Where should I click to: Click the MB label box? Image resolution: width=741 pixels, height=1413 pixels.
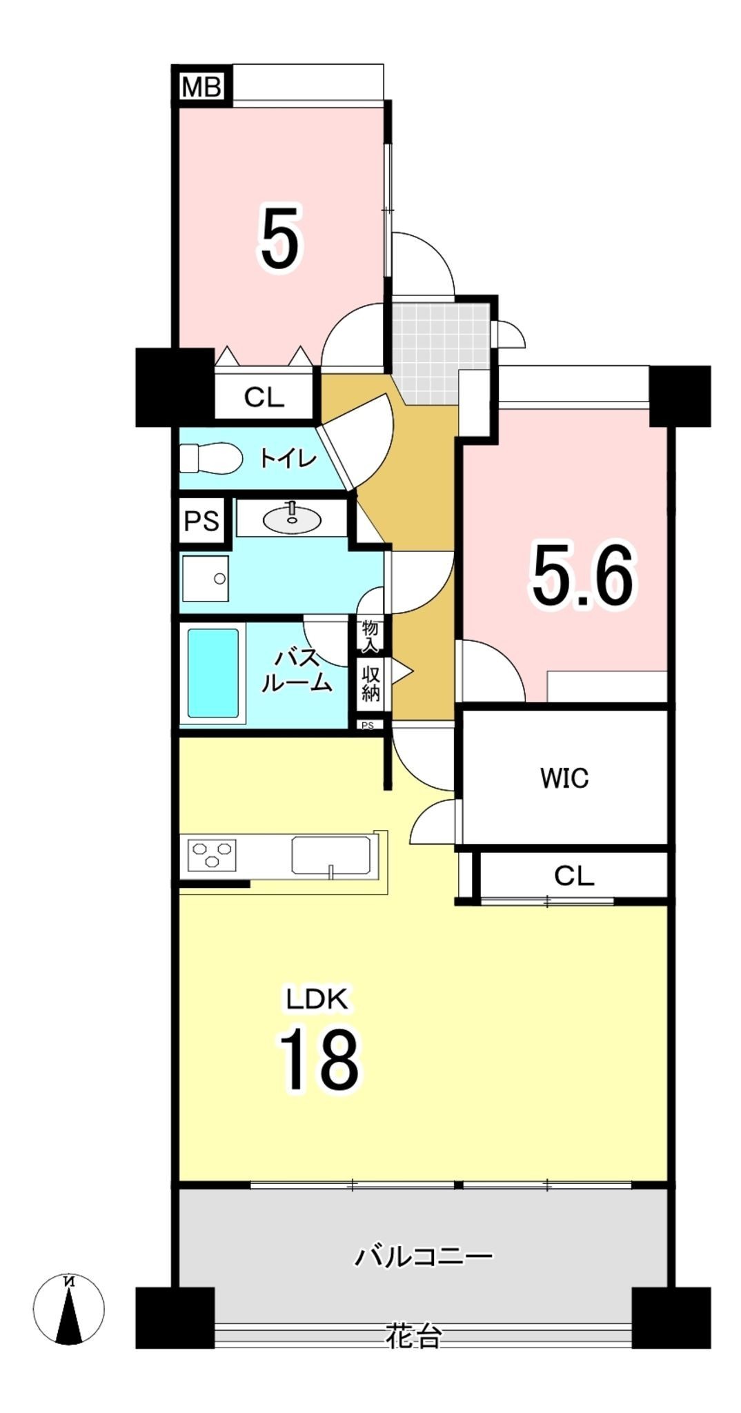pos(201,86)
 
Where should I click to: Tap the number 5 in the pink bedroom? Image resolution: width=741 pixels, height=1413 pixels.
pos(281,239)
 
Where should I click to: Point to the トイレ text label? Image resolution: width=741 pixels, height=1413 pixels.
pos(288,457)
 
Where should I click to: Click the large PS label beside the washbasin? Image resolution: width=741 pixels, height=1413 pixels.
pos(201,521)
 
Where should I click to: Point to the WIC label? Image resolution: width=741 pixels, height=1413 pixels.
pos(564,778)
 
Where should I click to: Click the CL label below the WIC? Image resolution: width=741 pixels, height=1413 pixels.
pos(574,876)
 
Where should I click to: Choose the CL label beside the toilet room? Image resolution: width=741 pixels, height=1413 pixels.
pos(264,397)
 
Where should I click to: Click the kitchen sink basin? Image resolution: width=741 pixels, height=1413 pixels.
pos(331,856)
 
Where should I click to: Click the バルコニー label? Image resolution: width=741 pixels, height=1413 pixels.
pos(424,1255)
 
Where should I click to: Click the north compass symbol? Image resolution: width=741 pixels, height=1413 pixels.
pos(69,1309)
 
